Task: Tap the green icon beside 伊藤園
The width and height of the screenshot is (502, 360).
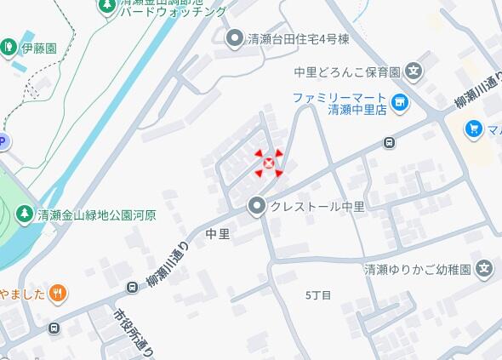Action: (9, 46)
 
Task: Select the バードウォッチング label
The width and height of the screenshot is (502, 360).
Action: (173, 11)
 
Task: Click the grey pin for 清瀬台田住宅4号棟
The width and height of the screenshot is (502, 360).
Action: (235, 37)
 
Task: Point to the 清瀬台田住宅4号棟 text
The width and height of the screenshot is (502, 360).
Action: (298, 38)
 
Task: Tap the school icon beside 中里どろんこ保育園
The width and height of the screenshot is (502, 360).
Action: (414, 72)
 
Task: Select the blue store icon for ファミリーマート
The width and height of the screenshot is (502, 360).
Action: (400, 104)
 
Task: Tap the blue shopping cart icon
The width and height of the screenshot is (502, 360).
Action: (473, 129)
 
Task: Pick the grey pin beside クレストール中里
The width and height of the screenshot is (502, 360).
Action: (256, 206)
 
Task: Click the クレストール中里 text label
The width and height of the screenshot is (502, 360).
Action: (317, 207)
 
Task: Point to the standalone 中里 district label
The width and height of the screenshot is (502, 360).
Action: (218, 232)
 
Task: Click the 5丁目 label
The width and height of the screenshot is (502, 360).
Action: (317, 294)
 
